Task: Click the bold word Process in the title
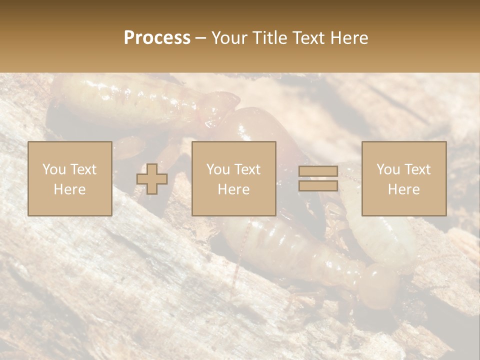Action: [x=157, y=38]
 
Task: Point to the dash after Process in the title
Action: [x=200, y=38]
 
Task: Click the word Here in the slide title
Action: [x=348, y=38]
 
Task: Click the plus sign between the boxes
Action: [x=152, y=178]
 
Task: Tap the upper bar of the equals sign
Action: [x=318, y=171]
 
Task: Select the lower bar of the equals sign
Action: [x=318, y=185]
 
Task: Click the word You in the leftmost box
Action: [x=54, y=169]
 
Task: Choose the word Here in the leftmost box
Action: [x=69, y=189]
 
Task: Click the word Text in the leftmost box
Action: [x=83, y=169]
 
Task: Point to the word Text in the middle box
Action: [x=247, y=169]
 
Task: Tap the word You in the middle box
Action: [x=218, y=169]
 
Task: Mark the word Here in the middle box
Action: [x=233, y=189]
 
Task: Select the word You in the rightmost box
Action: [x=388, y=169]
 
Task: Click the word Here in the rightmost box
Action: [x=403, y=189]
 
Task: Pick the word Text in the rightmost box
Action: [x=417, y=169]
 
